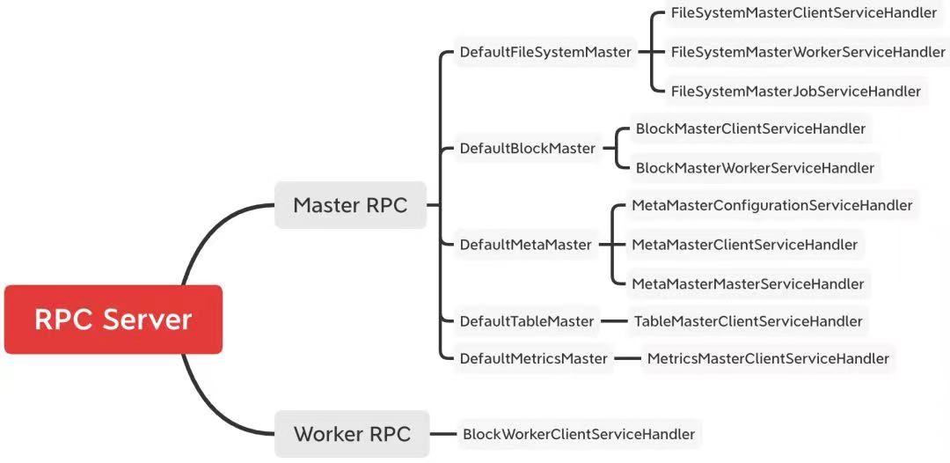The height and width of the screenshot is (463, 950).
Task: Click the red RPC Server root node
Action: pos(113,320)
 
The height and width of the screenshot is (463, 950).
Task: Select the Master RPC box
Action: pos(350,205)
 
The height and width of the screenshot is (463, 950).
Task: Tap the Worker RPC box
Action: pos(352,434)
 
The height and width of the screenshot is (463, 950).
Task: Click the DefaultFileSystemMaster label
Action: pos(546,52)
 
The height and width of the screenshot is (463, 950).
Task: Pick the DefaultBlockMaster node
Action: pos(528,148)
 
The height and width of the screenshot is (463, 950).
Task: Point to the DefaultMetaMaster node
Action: pos(526,245)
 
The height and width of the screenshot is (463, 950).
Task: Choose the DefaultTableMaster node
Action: pos(527,321)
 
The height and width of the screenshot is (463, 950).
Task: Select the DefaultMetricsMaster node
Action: pos(534,359)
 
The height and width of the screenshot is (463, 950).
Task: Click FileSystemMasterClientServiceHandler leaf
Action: pos(804,13)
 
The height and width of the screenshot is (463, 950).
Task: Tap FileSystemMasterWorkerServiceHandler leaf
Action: pos(807,52)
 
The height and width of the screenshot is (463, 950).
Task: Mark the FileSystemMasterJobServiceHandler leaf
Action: pos(796,91)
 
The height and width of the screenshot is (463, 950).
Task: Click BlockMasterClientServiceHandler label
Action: pos(750,129)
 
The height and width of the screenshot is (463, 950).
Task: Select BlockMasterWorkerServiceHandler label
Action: pos(755,167)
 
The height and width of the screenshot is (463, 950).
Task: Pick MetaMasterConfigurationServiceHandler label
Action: pos(772,205)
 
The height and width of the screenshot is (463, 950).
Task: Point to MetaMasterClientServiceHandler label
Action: pos(745,245)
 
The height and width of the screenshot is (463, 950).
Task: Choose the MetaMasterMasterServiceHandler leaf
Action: pos(749,283)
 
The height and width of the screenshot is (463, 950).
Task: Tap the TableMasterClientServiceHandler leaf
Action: pos(749,321)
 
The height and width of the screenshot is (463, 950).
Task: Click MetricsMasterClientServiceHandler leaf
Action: pos(768,359)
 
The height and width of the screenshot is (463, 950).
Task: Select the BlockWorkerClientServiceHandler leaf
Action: pos(579,434)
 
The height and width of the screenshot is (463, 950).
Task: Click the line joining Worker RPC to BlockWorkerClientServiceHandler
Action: pos(442,434)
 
